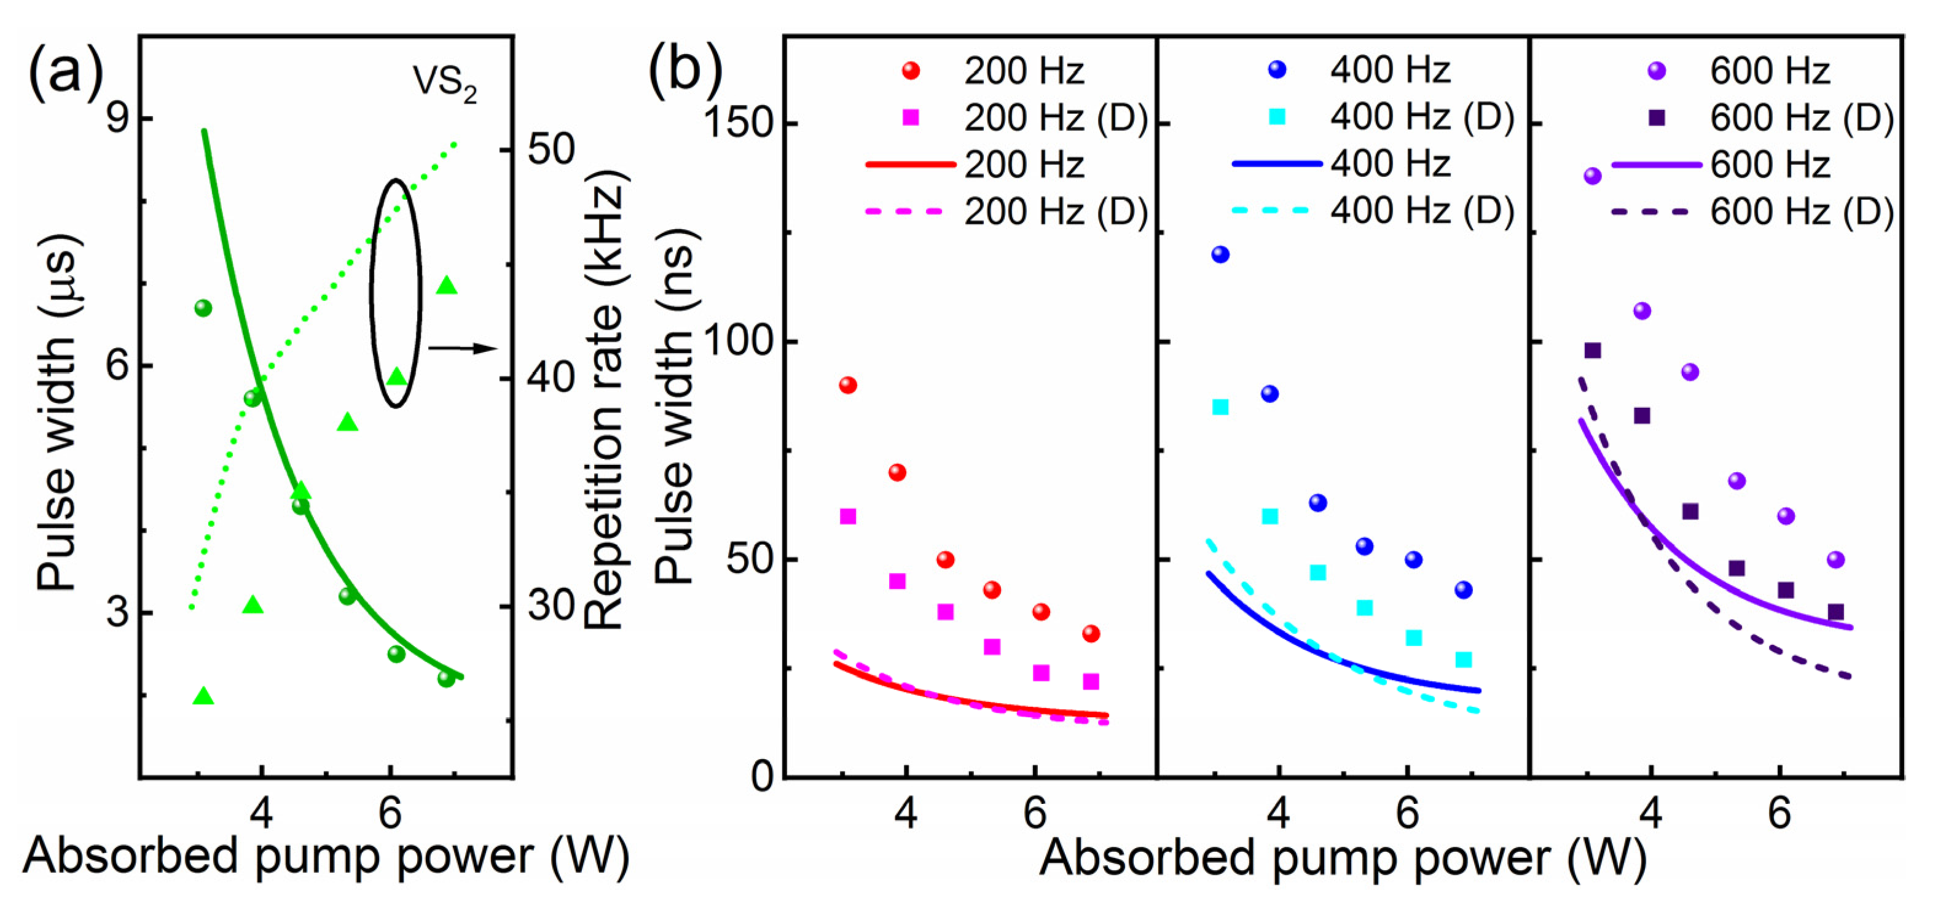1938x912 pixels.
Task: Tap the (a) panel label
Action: pos(66,74)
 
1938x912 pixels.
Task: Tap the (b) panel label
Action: pos(685,72)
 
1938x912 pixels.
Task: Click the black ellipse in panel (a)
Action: pos(396,293)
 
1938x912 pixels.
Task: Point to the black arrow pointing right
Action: pos(463,348)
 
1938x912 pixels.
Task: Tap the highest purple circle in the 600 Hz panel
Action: pos(1593,176)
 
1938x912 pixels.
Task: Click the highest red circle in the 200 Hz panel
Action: pos(848,385)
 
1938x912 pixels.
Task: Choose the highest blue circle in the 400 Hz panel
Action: pos(1220,255)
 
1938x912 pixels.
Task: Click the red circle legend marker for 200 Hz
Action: pos(911,71)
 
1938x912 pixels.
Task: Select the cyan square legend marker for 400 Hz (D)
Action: pos(1277,117)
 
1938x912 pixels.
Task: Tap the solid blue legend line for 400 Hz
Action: pos(1277,163)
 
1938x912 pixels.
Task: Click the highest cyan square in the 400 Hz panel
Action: pos(1220,407)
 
